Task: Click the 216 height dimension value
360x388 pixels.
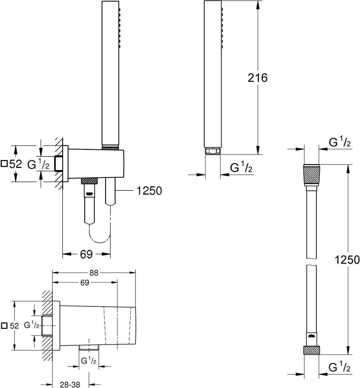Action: coord(258,78)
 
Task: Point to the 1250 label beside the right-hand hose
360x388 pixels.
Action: coord(347,260)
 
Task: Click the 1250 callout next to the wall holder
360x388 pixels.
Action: coord(149,190)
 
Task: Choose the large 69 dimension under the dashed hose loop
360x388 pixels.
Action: coord(86,254)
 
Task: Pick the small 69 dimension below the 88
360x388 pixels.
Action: coord(85,283)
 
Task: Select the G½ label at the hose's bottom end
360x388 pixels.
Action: coord(339,368)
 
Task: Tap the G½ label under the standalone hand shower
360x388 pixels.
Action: coord(241,168)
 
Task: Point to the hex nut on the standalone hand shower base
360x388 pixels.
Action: coord(213,151)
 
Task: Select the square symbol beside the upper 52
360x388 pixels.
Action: coord(4,164)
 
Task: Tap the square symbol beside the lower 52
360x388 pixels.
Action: coord(4,326)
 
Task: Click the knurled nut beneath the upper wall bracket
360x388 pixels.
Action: coord(89,181)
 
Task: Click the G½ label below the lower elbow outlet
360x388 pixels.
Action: coord(89,361)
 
